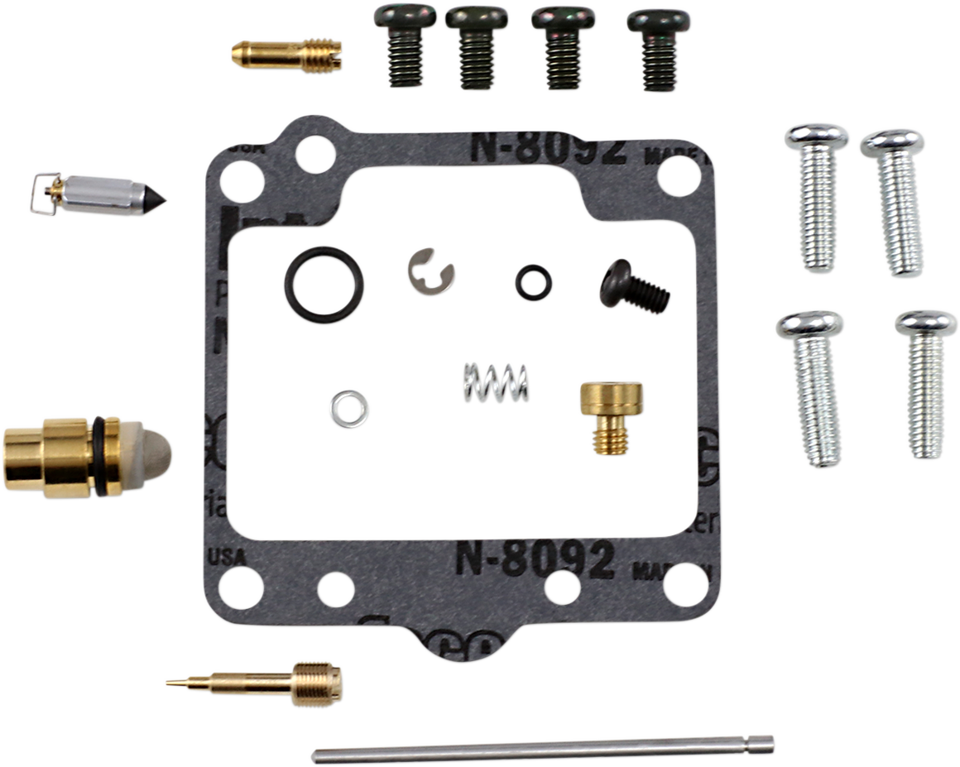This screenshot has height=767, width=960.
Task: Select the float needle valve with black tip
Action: pyautogui.click(x=108, y=195)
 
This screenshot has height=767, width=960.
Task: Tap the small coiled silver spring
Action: pyautogui.click(x=494, y=383)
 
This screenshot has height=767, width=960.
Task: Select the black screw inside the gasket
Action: pyautogui.click(x=633, y=285)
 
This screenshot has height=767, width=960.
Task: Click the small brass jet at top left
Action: pyautogui.click(x=286, y=55)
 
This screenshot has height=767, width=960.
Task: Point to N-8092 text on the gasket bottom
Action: pyautogui.click(x=534, y=559)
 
